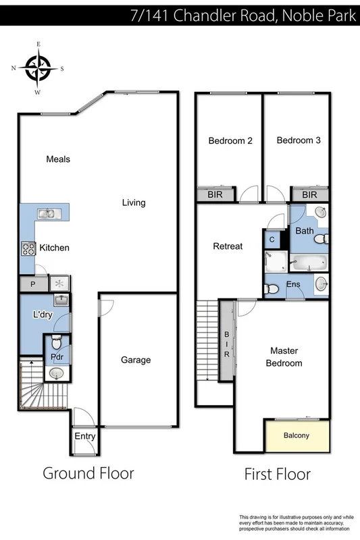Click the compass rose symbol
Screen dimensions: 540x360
tap(38, 68)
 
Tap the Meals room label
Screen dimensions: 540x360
tap(58, 159)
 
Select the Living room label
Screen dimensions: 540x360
tap(134, 202)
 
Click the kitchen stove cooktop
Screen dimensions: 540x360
tap(28, 248)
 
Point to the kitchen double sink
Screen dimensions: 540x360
tap(47, 214)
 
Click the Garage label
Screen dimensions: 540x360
tap(136, 360)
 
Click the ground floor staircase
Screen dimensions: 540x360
tap(34, 386)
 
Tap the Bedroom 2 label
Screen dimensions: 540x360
tap(230, 141)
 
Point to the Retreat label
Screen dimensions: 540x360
tap(228, 246)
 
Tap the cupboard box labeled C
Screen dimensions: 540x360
tap(272, 240)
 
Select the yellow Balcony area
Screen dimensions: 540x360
tap(296, 436)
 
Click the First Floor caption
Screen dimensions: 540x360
tap(277, 474)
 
